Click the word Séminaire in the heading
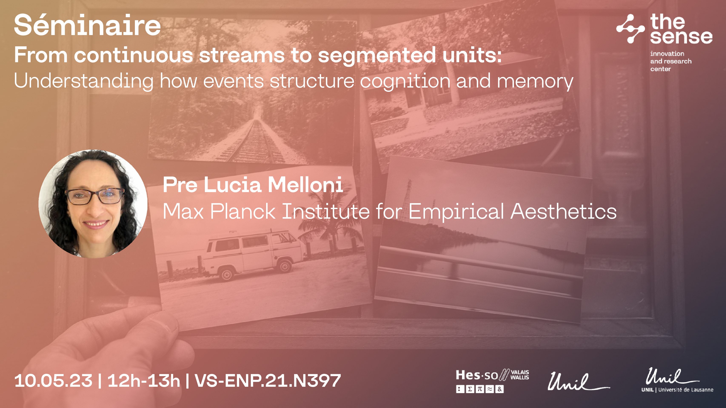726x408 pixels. tap(87, 25)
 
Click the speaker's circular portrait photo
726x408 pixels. tap(93, 204)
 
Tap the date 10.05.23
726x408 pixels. tap(54, 381)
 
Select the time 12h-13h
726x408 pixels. tap(144, 381)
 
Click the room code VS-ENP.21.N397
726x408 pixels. tap(268, 381)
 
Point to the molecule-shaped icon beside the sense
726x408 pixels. tap(630, 29)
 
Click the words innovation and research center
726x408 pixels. tap(671, 61)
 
